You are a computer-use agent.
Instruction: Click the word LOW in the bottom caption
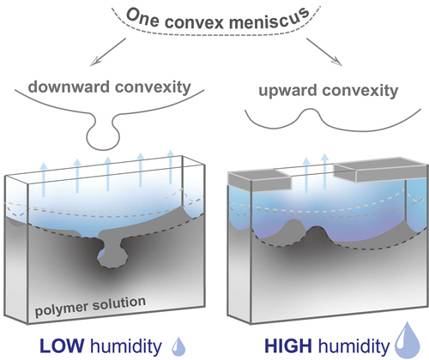pos(62,345)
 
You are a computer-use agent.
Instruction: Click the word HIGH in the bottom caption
pos(288,346)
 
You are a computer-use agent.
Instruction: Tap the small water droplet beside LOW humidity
pos(178,346)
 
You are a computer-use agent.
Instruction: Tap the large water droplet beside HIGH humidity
pos(408,340)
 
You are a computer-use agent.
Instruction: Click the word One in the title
pos(142,18)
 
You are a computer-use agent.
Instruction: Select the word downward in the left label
pos(69,87)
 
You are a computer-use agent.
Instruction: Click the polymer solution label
pos(90,306)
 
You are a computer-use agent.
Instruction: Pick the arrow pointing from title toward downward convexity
pos(108,52)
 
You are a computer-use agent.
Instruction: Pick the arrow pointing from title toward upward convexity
pos(324,51)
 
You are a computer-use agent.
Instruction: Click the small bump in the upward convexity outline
pos(310,113)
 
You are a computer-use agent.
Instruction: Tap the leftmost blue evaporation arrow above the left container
pos(44,179)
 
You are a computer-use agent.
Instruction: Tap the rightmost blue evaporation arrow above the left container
pos(171,166)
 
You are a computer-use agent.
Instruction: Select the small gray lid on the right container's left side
pos(260,180)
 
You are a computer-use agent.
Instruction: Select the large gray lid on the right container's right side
pos(381,170)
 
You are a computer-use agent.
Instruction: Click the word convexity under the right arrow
pos(360,91)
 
